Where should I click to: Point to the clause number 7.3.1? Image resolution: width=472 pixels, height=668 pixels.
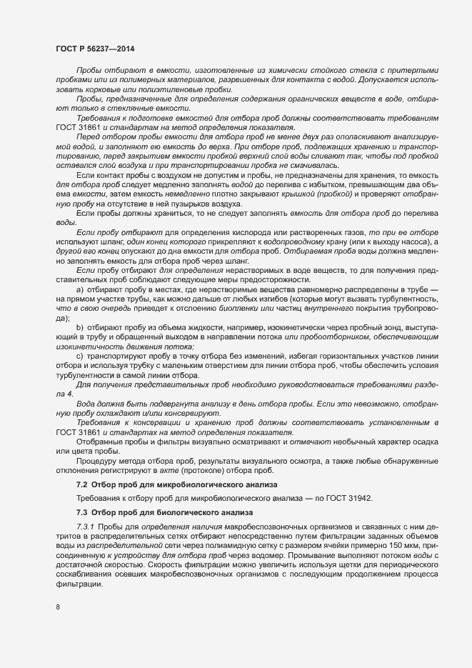click(85, 527)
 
